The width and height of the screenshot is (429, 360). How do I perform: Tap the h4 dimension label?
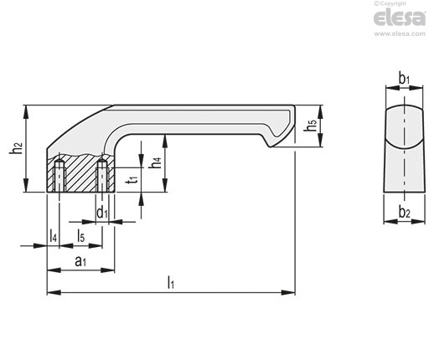click(156, 162)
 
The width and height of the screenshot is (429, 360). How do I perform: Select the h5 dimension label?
click(311, 126)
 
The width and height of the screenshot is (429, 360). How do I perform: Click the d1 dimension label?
click(102, 213)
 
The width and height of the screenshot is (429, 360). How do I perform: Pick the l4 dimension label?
click(53, 236)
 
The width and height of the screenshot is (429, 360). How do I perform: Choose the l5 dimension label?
click(80, 236)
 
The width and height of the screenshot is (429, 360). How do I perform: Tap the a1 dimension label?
click(80, 261)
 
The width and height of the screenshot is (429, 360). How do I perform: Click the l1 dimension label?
click(171, 282)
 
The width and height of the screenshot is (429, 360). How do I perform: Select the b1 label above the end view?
click(404, 79)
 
